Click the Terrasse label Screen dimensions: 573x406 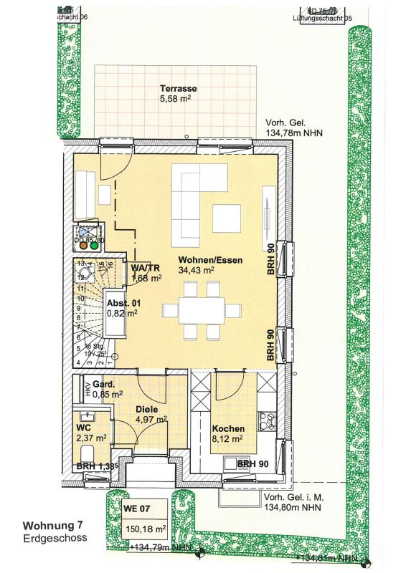(x=179, y=89)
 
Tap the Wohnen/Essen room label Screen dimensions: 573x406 (x=207, y=260)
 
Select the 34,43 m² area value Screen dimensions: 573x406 (x=197, y=271)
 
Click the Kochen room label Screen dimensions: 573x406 (x=228, y=428)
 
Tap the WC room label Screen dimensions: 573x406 (x=83, y=427)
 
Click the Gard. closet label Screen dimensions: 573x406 (x=105, y=383)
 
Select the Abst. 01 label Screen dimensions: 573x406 (x=121, y=303)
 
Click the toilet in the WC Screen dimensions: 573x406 (x=88, y=453)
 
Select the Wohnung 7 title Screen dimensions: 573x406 (x=51, y=526)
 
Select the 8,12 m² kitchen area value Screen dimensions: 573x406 (x=228, y=439)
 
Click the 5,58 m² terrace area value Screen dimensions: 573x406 (x=179, y=100)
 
